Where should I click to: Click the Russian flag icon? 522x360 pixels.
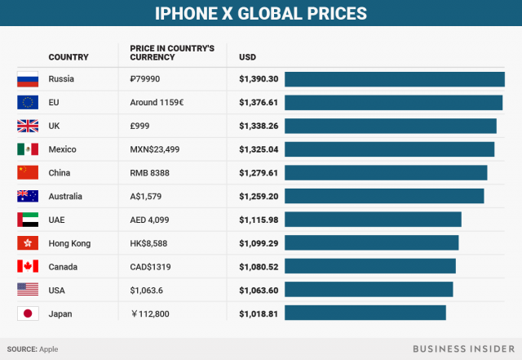pyautogui.click(x=28, y=79)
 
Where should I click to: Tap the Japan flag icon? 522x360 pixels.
pyautogui.click(x=28, y=313)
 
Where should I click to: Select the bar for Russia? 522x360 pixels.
pyautogui.click(x=395, y=79)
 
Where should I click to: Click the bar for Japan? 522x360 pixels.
pyautogui.click(x=365, y=313)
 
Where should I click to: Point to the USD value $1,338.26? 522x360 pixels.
pyautogui.click(x=259, y=126)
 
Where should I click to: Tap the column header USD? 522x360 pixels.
pyautogui.click(x=248, y=57)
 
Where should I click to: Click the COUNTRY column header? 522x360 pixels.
pyautogui.click(x=69, y=57)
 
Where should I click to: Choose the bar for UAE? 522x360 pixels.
pyautogui.click(x=373, y=220)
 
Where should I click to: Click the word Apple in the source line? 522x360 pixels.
pyautogui.click(x=48, y=349)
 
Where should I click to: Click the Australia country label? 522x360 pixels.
pyautogui.click(x=67, y=197)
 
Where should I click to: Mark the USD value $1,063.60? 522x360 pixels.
pyautogui.click(x=259, y=290)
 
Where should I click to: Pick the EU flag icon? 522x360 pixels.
pyautogui.click(x=28, y=103)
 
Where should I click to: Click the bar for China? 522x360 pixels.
pyautogui.click(x=386, y=173)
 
